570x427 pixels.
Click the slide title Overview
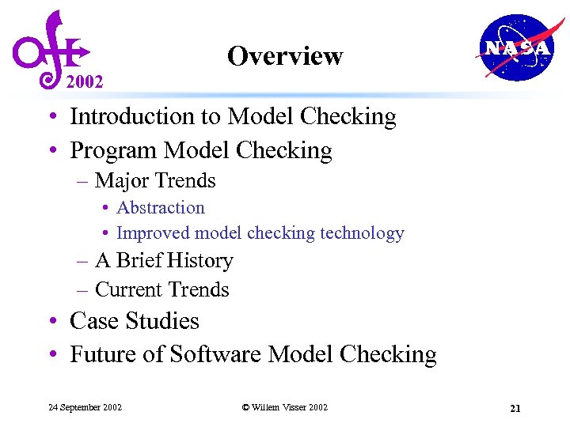coord(284,56)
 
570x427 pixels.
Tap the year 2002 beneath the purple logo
coord(84,81)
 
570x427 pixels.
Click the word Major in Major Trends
coord(120,181)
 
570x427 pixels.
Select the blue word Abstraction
coord(161,208)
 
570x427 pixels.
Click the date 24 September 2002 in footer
coord(85,407)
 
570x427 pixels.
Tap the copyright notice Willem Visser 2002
coord(285,407)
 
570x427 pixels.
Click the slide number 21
coord(515,408)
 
